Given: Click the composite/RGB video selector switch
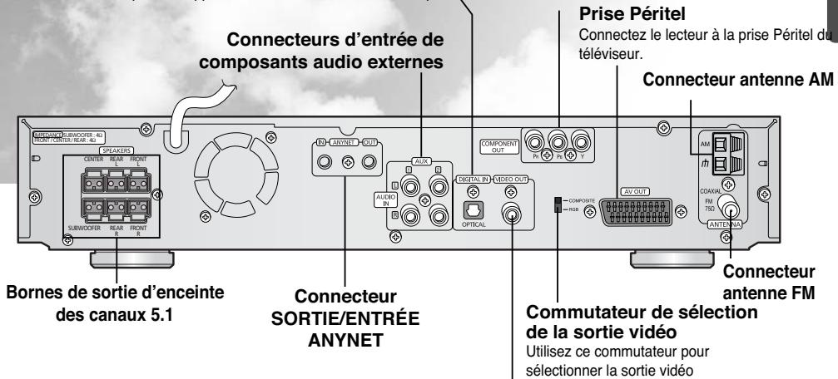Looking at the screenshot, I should click(x=559, y=204).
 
